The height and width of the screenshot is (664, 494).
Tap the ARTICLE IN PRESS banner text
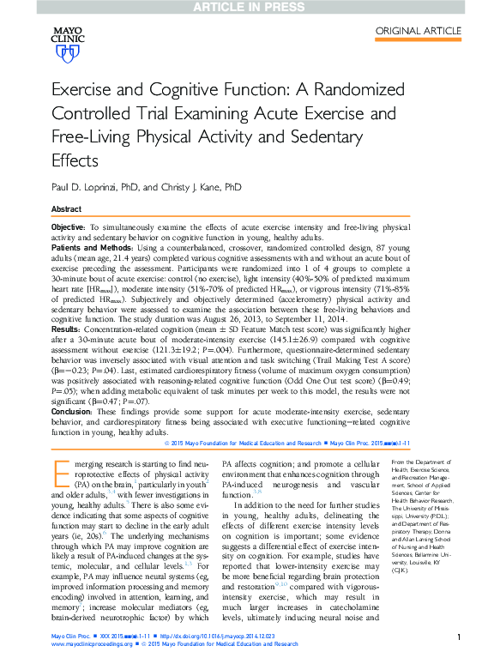pyautogui.click(x=246, y=7)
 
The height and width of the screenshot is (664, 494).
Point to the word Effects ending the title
pyautogui.click(x=75, y=160)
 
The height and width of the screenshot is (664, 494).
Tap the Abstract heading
pyautogui.click(x=67, y=209)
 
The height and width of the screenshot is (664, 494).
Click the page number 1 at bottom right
pyautogui.click(x=461, y=637)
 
